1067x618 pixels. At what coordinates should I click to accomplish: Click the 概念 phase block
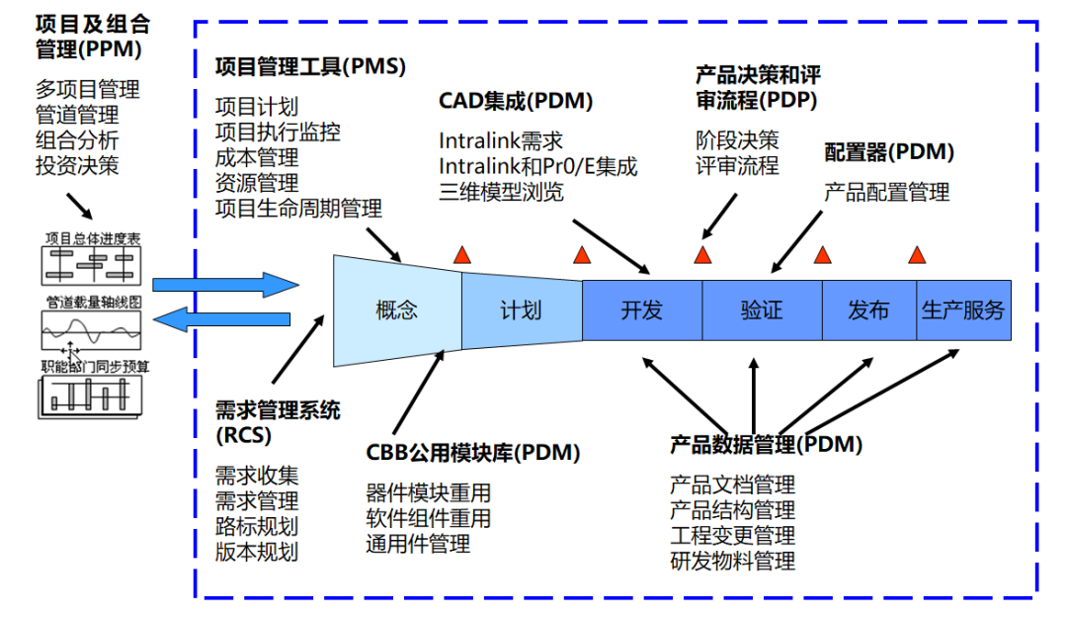click(397, 310)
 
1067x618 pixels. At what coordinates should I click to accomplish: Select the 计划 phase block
click(521, 310)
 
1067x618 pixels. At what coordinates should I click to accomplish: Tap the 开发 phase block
click(641, 310)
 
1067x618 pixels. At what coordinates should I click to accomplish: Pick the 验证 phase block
click(761, 310)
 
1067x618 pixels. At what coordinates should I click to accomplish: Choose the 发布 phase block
click(868, 310)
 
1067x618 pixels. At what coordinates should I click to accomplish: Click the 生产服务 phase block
click(963, 310)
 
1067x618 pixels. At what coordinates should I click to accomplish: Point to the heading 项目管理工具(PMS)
click(310, 66)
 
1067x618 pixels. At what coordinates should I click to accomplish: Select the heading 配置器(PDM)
click(889, 152)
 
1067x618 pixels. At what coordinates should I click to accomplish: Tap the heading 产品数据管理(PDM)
click(766, 445)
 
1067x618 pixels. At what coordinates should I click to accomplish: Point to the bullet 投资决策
click(77, 165)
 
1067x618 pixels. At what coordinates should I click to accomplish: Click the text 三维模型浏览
click(502, 192)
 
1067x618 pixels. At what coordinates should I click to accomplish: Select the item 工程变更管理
click(732, 536)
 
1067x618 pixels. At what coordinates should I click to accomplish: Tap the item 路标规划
click(257, 526)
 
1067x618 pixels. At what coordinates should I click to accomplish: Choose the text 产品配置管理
click(886, 192)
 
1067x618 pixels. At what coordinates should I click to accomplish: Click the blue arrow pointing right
click(224, 286)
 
